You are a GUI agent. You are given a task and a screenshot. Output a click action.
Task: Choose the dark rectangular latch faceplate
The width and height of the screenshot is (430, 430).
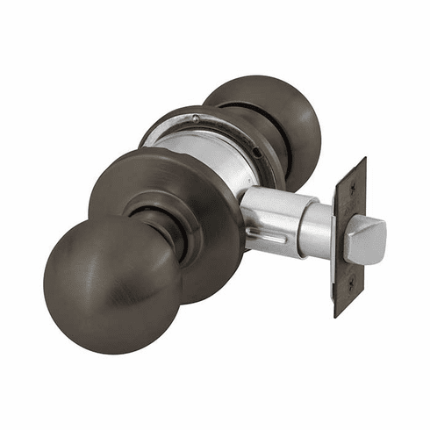[x=348, y=237]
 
